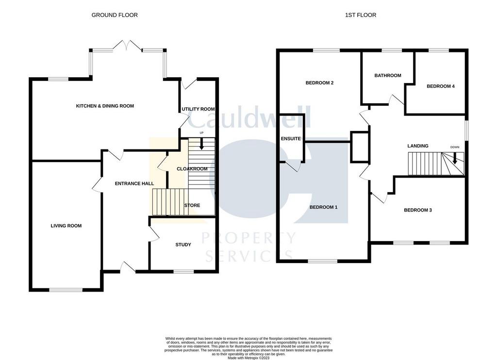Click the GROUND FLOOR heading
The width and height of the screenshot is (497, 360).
(x=115, y=15)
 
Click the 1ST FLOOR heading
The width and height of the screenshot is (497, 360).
(x=361, y=15)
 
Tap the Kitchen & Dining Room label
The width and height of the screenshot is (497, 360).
(x=105, y=106)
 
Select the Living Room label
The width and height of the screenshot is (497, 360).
(x=66, y=226)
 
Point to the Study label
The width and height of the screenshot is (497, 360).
(x=183, y=245)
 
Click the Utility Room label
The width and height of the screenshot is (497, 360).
(x=198, y=109)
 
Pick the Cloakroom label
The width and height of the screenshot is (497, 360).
(x=192, y=169)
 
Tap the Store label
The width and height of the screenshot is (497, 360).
(x=192, y=205)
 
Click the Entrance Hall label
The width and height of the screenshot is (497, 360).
(x=134, y=183)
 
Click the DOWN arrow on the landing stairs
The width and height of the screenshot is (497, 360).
(x=455, y=158)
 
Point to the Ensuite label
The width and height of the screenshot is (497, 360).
(x=291, y=138)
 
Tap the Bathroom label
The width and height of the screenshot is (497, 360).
(x=388, y=75)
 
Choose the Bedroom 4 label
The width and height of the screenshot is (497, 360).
(x=441, y=86)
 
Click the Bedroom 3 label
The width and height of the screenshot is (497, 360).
(x=418, y=210)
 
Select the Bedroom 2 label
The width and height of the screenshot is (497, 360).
(x=319, y=83)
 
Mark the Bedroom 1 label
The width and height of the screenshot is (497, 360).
(x=323, y=207)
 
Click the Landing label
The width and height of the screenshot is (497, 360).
(x=418, y=146)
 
